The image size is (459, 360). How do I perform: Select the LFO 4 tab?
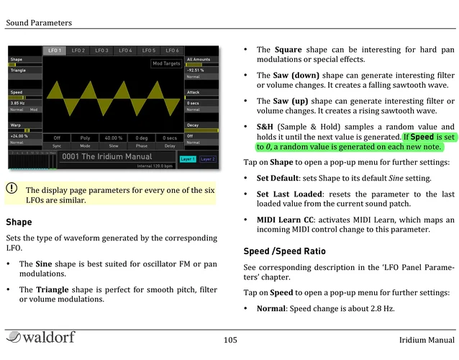(125, 50)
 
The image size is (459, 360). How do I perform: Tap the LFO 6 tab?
(172, 50)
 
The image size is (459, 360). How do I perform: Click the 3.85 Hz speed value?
(18, 104)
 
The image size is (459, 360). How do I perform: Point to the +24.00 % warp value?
(19, 135)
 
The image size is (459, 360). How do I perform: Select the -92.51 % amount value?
(196, 70)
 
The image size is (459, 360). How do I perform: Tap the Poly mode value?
(85, 137)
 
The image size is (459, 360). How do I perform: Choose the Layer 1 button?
(187, 158)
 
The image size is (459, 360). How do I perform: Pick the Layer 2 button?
(207, 158)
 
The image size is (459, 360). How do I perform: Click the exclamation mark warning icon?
(12, 189)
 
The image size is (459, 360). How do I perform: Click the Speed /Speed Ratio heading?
(285, 251)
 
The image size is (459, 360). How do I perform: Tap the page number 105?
(230, 340)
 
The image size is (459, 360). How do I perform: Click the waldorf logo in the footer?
(37, 338)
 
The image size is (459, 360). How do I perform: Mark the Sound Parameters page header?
(39, 22)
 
